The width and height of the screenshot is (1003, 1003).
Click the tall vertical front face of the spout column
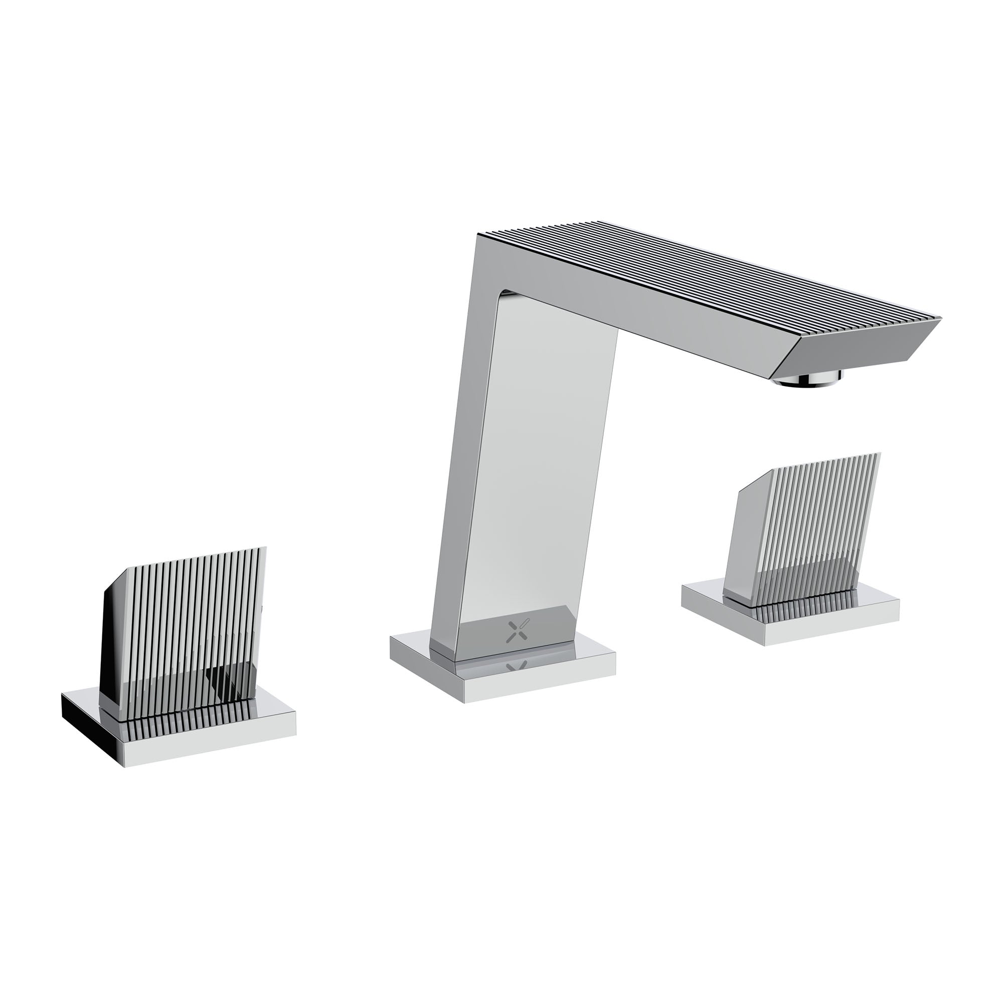(540, 467)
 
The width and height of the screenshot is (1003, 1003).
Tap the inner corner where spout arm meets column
(506, 296)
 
